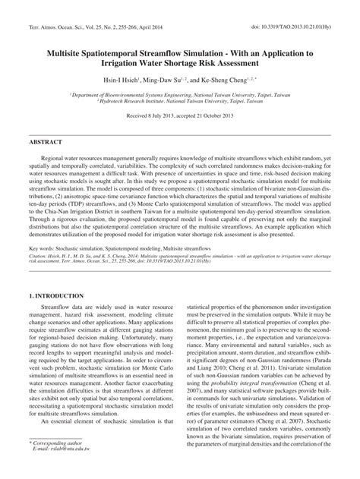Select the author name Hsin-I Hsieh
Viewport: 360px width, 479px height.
coord(120,78)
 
